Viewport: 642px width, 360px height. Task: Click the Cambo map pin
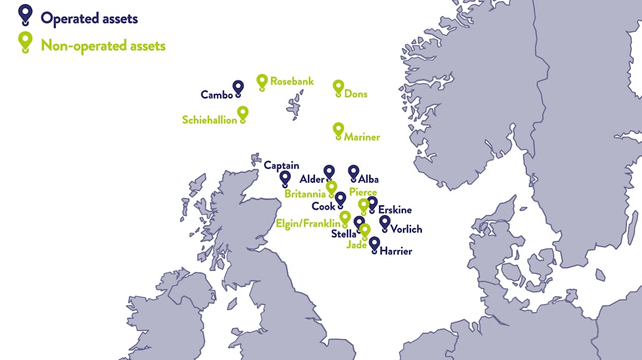pos(238,89)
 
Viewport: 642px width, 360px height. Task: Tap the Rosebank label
pos(292,81)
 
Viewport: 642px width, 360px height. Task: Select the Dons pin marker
pos(338,87)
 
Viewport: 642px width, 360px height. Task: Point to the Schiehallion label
pos(209,120)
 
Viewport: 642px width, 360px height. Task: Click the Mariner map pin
pos(338,130)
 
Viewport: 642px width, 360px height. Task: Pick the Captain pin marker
pos(285,178)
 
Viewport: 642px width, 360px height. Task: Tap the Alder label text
pos(311,180)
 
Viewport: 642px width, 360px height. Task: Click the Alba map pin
pos(353,173)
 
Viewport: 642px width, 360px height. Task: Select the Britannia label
pos(304,194)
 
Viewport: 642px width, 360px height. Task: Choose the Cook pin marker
pos(340,199)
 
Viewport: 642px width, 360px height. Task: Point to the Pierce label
pos(363,193)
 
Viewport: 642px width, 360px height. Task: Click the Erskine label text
pos(395,210)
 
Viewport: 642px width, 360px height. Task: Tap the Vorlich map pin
pos(385,223)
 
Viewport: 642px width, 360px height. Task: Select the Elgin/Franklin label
pos(308,224)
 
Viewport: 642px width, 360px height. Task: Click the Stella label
pos(343,233)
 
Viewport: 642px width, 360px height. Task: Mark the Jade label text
pos(356,245)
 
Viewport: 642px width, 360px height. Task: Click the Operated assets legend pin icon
pos(25,13)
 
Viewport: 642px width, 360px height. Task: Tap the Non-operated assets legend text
pos(103,45)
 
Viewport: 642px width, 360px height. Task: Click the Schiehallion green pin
pos(243,114)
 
